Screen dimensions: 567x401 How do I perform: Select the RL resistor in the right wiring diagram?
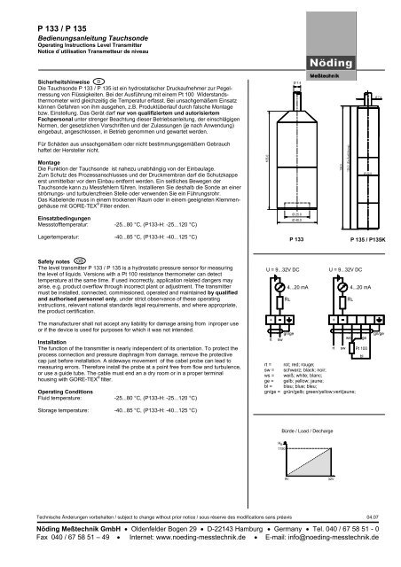pos(342,299)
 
